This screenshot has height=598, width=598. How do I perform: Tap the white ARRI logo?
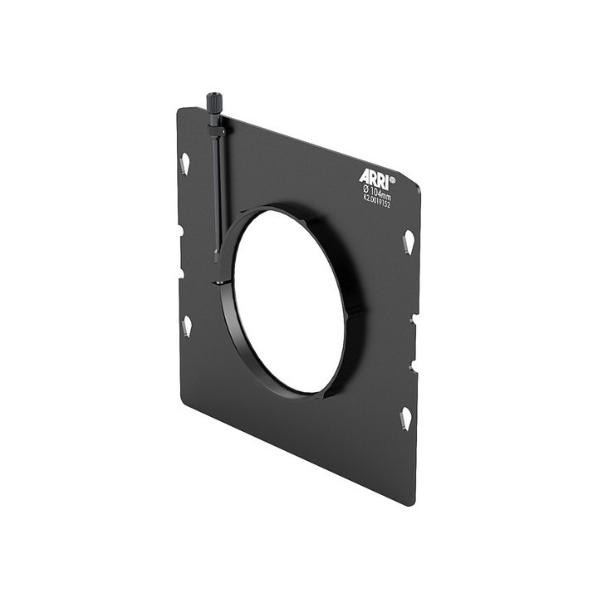coord(373,177)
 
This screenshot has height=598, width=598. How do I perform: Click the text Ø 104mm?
coord(376,190)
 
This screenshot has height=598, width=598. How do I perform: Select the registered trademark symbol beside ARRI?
coord(392,178)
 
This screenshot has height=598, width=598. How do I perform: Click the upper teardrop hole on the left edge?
coord(184,163)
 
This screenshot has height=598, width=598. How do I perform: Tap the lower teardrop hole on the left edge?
coord(187,325)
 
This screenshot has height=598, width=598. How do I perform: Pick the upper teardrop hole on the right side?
coord(409,243)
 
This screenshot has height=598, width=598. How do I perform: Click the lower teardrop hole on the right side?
coord(405,418)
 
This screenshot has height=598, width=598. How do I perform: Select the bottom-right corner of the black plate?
coord(410,502)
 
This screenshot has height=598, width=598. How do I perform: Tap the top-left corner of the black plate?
coord(179,109)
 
